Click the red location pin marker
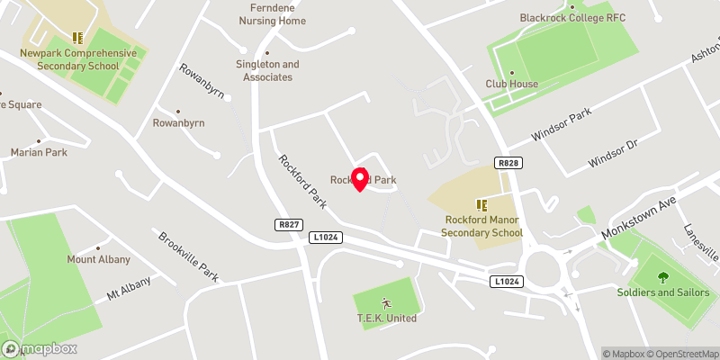[x=360, y=178]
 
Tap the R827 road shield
[x=288, y=224]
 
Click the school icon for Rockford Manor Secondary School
[x=481, y=205]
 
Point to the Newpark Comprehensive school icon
[x=78, y=38]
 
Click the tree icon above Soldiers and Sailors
[x=663, y=277]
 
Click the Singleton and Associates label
[x=267, y=70]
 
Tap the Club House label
[x=512, y=84]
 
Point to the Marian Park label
[x=39, y=152]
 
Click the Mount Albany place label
[x=99, y=259]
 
